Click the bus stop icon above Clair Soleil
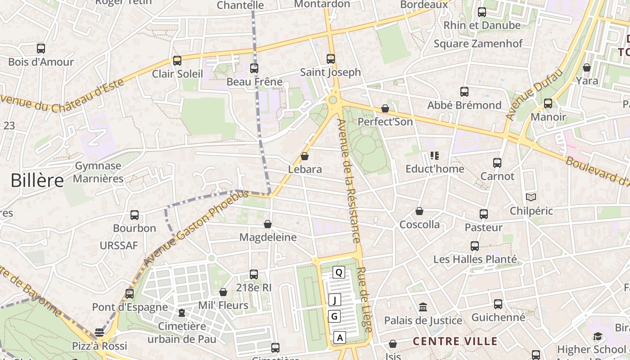(177, 60)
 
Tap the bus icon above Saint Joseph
(331, 58)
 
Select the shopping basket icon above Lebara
(305, 156)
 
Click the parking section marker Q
(338, 272)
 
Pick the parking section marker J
(334, 299)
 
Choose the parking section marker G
(334, 316)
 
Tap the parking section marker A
(340, 337)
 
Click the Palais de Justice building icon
(423, 307)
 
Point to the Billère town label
(37, 180)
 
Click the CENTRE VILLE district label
(455, 341)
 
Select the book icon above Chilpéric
(531, 198)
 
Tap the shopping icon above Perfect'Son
(385, 108)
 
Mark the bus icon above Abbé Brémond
(464, 92)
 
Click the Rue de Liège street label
(364, 300)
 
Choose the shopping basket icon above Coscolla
(419, 211)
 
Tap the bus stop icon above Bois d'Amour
(41, 49)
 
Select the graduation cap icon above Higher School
(598, 336)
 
